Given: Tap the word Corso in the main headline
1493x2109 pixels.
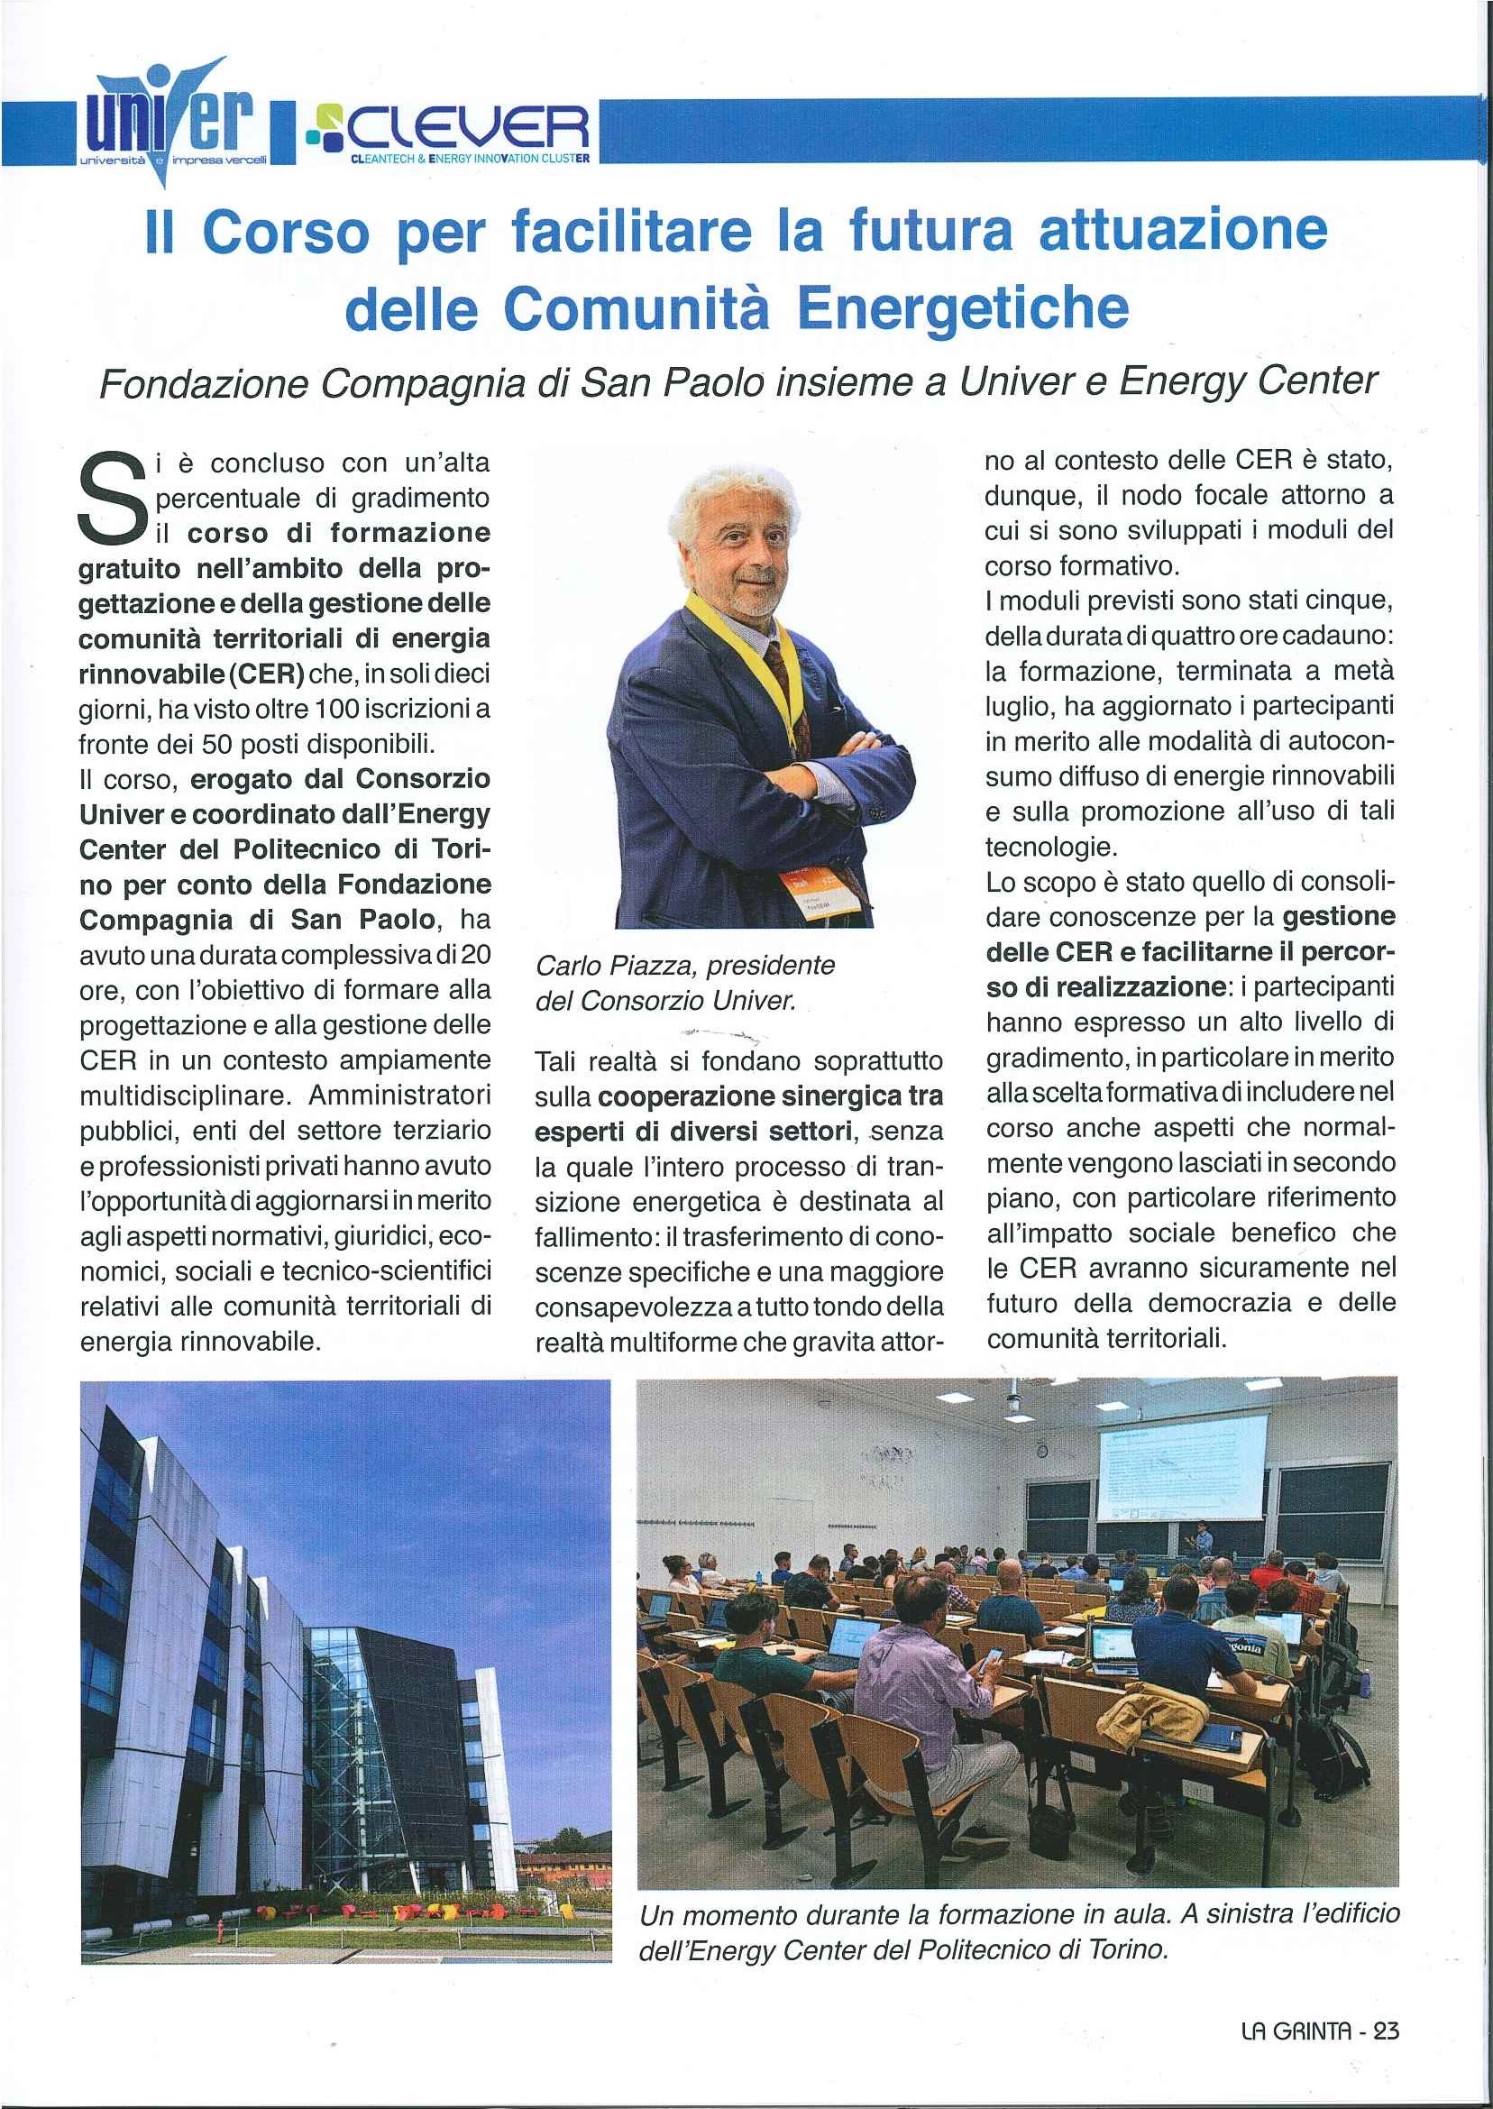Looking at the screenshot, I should pyautogui.click(x=284, y=234).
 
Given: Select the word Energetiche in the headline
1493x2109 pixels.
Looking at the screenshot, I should pyautogui.click(x=962, y=309).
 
